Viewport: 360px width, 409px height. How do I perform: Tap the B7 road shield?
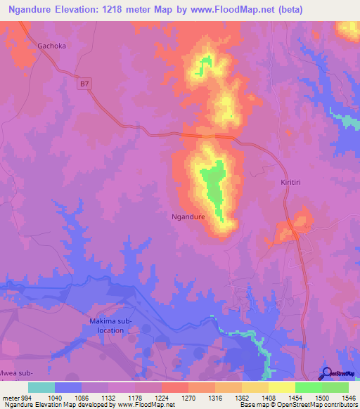click(84, 84)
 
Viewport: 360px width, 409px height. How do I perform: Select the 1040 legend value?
click(55, 397)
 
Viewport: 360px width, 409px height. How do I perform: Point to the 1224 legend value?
click(162, 397)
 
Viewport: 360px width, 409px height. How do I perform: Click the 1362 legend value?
click(242, 397)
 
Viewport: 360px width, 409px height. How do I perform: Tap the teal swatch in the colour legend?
click(41, 387)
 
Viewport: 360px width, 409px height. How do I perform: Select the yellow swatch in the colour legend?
click(282, 387)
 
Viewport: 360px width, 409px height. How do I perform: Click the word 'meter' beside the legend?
click(11, 397)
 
